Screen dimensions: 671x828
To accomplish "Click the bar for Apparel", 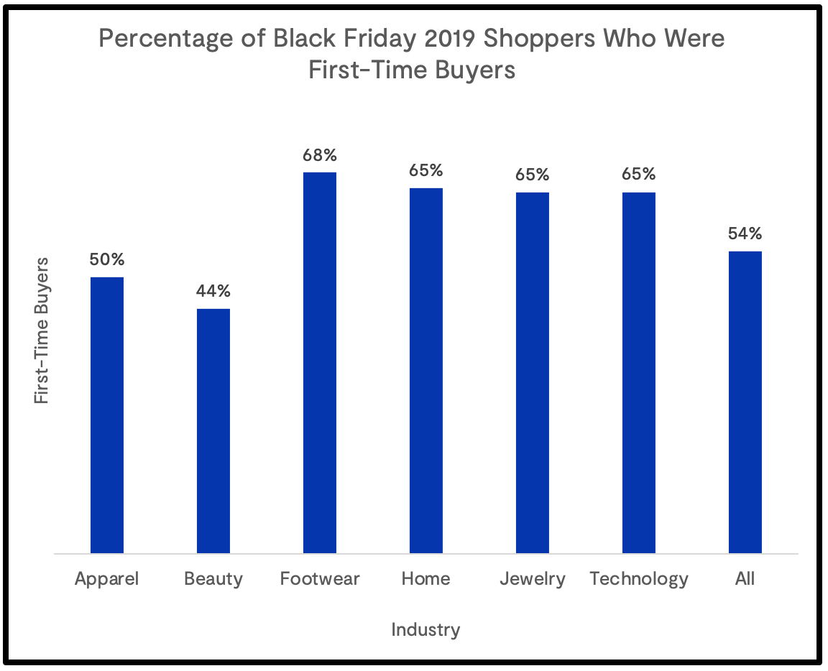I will [106, 415].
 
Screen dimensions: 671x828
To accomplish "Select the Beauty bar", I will [213, 431].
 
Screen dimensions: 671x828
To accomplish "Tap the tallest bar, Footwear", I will [320, 363].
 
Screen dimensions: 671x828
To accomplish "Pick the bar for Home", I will [426, 371].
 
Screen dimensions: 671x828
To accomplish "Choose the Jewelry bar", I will [533, 373].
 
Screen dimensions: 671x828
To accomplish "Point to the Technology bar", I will [639, 373].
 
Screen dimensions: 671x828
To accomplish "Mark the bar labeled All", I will [745, 402].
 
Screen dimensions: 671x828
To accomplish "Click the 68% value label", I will [320, 155].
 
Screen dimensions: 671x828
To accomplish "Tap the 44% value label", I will [213, 291].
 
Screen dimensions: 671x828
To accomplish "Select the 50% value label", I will [106, 259].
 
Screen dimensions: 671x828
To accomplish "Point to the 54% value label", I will [745, 233].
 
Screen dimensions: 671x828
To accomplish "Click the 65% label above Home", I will [426, 171].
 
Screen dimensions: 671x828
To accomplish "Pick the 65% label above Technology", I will [639, 175].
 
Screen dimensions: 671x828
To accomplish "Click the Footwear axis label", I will [320, 579].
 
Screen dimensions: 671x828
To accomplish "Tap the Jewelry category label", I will [533, 579].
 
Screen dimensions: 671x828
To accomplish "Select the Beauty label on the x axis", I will [213, 579].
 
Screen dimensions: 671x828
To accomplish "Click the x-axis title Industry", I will [425, 630].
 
